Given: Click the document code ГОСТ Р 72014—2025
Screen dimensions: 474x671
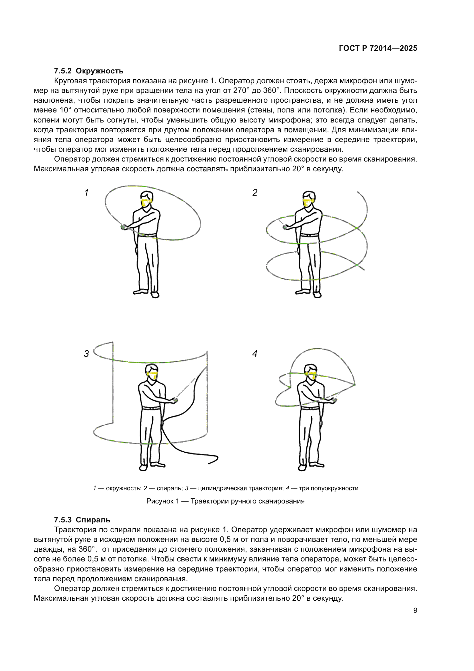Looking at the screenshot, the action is click(378, 48).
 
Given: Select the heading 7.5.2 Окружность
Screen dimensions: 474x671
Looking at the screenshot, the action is click(89, 71).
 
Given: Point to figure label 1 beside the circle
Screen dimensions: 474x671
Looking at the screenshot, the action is click(86, 193).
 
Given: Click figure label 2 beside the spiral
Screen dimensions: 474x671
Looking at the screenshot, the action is click(255, 193).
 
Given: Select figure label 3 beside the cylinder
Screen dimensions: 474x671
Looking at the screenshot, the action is click(86, 354).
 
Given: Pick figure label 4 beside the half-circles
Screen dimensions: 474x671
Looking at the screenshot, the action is click(255, 354).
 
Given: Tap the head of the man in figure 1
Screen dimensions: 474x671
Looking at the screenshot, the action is click(147, 199).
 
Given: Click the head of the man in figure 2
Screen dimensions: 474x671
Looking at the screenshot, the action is click(309, 199).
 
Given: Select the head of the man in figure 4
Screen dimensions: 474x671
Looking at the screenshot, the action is click(311, 372).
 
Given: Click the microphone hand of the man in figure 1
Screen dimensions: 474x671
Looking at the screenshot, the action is click(124, 227).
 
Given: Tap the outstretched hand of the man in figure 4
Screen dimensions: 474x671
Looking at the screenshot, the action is click(333, 400).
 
